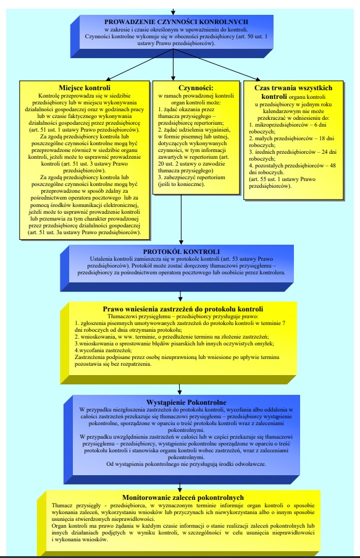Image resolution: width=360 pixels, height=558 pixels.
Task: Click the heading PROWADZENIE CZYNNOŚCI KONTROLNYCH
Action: [x=176, y=22]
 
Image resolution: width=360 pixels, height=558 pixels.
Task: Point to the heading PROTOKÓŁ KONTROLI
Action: [x=180, y=252]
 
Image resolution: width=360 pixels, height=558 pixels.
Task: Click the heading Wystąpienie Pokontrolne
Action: [x=181, y=402]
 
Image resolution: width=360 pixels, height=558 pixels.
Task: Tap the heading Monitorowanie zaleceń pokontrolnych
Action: [x=183, y=497]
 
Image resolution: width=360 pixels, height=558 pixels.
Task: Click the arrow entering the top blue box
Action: [x=175, y=11]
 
